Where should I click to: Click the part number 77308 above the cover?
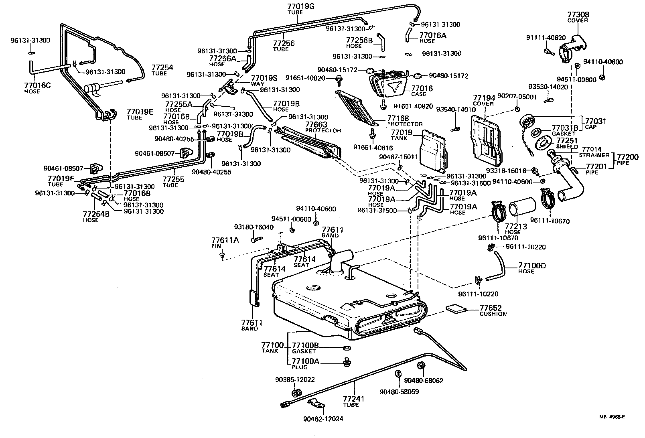(x=578, y=14)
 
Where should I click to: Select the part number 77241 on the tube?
(x=354, y=399)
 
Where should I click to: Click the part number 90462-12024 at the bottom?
(x=323, y=419)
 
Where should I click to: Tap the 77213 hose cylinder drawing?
(x=522, y=206)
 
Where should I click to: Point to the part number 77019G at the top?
(x=301, y=6)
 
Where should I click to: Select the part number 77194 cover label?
(x=483, y=98)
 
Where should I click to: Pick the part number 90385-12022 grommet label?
(x=295, y=379)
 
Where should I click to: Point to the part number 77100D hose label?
(x=532, y=266)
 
